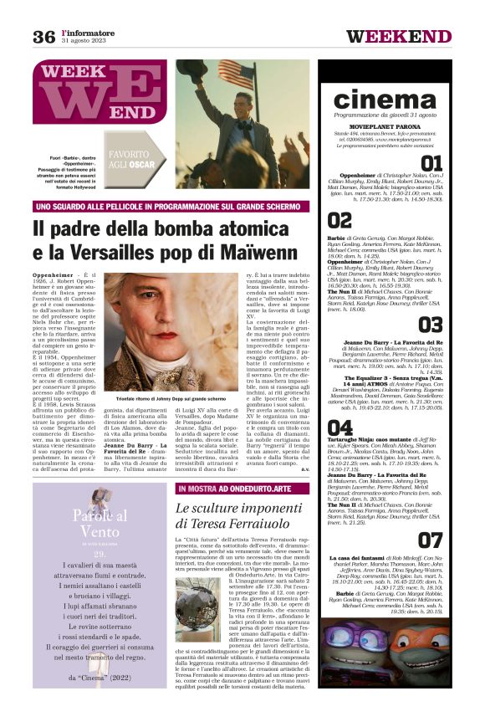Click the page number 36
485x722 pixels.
(x=43, y=36)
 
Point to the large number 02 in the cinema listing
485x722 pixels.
(x=340, y=220)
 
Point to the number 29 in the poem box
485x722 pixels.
(x=100, y=554)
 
